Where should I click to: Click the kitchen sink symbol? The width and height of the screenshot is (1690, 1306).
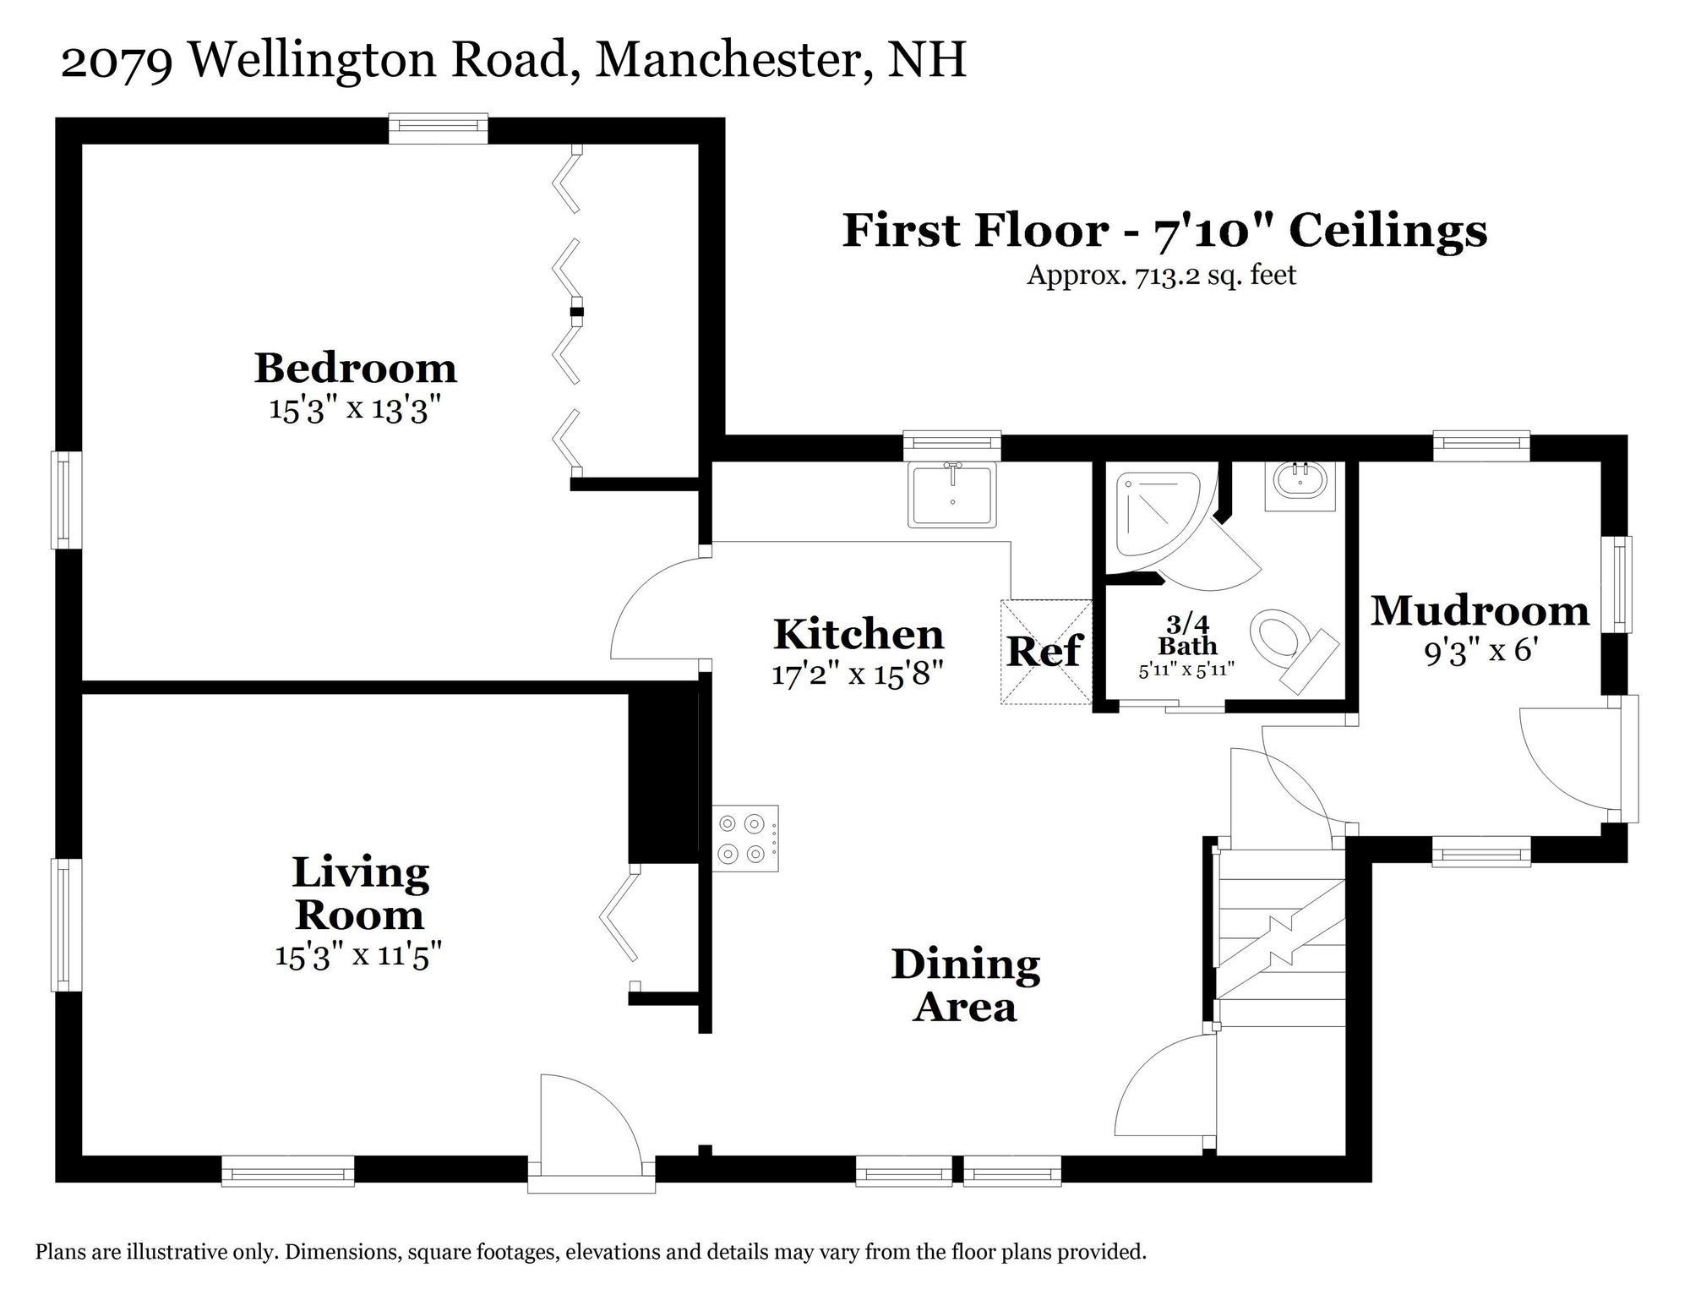(x=952, y=495)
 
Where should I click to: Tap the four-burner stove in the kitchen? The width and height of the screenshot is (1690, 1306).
(x=746, y=838)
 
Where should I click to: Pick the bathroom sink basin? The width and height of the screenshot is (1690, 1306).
(x=1300, y=484)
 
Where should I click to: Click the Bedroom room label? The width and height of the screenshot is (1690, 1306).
(x=356, y=369)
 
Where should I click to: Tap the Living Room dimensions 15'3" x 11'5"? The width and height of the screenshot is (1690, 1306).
(x=359, y=955)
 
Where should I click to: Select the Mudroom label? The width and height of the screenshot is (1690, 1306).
(x=1479, y=610)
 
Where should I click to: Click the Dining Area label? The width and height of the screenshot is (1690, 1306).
(x=965, y=986)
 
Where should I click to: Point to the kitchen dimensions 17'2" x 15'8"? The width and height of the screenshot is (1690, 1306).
(x=857, y=675)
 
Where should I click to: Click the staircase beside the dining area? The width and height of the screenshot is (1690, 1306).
(x=1279, y=938)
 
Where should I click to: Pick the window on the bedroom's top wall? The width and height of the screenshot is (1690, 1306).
(x=438, y=128)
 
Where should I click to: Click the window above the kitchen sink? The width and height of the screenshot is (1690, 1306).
(x=951, y=445)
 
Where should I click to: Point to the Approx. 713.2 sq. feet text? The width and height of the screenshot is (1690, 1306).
(x=1161, y=276)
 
